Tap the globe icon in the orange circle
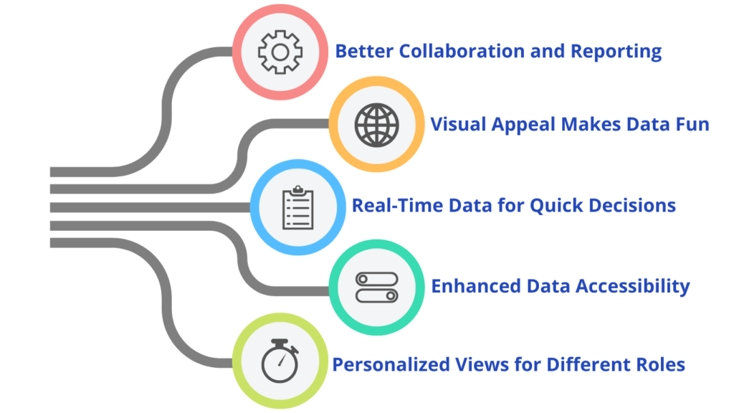376,125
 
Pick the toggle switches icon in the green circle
376,287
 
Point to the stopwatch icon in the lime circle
280,364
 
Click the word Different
580,364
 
